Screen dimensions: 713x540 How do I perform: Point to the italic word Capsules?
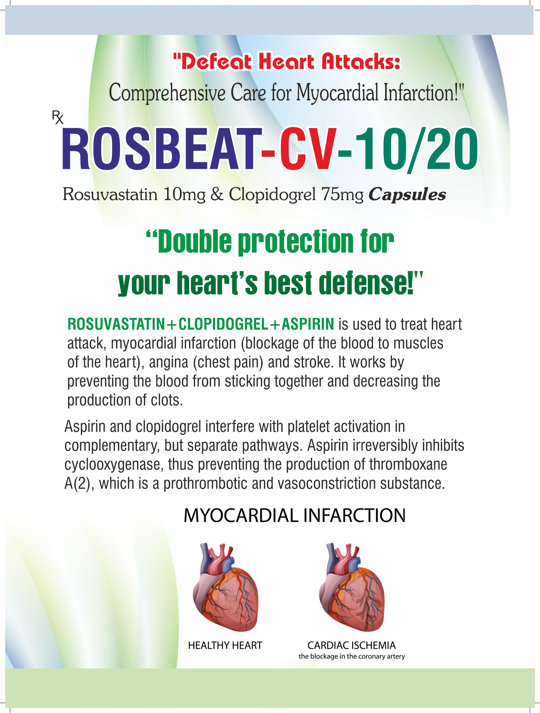click(407, 194)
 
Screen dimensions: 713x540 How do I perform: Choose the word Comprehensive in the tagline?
click(167, 93)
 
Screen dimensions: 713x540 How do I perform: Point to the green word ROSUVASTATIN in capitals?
click(116, 324)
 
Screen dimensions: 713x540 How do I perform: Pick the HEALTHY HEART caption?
click(225, 646)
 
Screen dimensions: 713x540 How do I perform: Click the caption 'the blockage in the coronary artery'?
click(351, 656)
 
